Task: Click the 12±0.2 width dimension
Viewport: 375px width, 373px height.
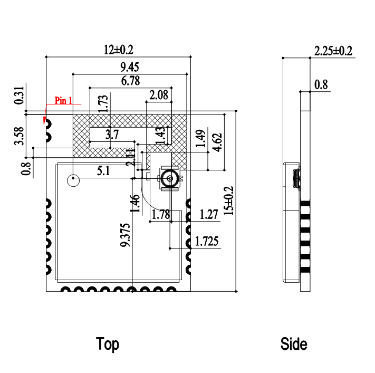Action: pyautogui.click(x=119, y=50)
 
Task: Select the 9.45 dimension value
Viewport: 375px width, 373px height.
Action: pyautogui.click(x=130, y=67)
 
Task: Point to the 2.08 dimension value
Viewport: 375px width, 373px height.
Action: pyautogui.click(x=159, y=95)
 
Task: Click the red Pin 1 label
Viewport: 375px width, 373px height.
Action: pyautogui.click(x=64, y=101)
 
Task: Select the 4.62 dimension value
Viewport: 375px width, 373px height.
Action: pyautogui.click(x=216, y=142)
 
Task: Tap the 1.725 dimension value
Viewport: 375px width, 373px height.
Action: pyautogui.click(x=207, y=242)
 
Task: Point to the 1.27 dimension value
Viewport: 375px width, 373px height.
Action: pyautogui.click(x=209, y=215)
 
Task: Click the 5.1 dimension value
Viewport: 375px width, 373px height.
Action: pyautogui.click(x=103, y=171)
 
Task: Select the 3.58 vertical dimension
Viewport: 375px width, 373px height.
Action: pyautogui.click(x=20, y=136)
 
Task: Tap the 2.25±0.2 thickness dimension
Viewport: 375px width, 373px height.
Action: pyautogui.click(x=333, y=51)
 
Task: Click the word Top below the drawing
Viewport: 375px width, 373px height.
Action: pyautogui.click(x=108, y=345)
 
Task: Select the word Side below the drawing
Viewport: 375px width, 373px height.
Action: pyautogui.click(x=294, y=345)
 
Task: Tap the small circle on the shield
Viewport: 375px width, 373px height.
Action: pyautogui.click(x=73, y=180)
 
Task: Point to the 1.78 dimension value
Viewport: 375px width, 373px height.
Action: pyautogui.click(x=160, y=215)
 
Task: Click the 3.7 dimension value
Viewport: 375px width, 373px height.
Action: pyautogui.click(x=111, y=135)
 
